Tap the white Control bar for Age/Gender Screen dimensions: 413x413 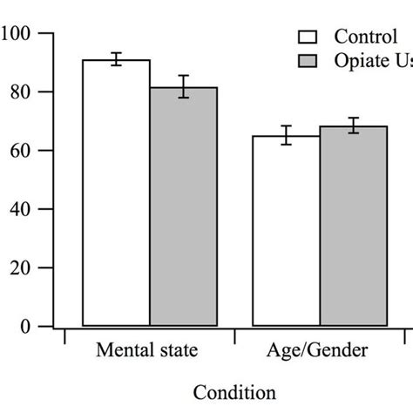(x=286, y=230)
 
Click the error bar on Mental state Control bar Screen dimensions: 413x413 (x=116, y=59)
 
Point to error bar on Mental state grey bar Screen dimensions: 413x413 (x=184, y=86)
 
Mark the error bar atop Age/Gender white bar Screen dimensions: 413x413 (x=286, y=135)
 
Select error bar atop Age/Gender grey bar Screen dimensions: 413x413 (x=353, y=125)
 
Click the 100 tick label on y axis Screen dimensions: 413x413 (x=17, y=34)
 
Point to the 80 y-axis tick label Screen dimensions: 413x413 (x=22, y=92)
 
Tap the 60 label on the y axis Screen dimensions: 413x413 (x=22, y=151)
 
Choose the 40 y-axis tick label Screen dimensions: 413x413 (x=22, y=209)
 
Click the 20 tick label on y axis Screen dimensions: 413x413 (x=22, y=268)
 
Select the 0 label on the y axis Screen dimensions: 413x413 (x=26, y=327)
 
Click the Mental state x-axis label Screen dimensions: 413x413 (x=146, y=352)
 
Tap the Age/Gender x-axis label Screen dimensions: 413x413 (x=319, y=352)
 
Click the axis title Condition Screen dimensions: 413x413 (x=234, y=393)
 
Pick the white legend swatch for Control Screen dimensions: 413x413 (x=308, y=37)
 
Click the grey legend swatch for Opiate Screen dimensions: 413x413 (x=308, y=60)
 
